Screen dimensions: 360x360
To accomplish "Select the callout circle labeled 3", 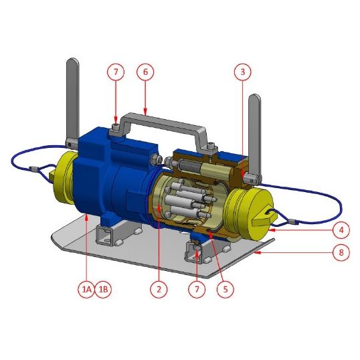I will click(x=242, y=72).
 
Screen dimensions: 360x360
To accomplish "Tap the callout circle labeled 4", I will click(x=341, y=230).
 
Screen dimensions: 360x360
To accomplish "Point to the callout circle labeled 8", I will click(x=341, y=253).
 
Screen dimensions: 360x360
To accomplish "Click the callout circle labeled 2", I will click(x=159, y=289).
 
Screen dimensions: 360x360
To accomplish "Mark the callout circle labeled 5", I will click(x=226, y=289).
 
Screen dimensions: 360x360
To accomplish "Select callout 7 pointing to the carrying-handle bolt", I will click(x=115, y=72).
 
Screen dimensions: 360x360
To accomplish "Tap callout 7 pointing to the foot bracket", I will click(x=196, y=289).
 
